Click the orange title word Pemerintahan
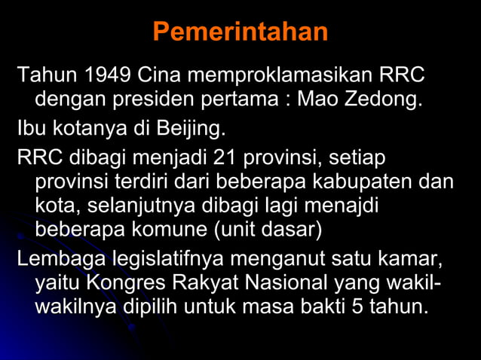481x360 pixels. (240, 32)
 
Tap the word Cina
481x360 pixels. (158, 76)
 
